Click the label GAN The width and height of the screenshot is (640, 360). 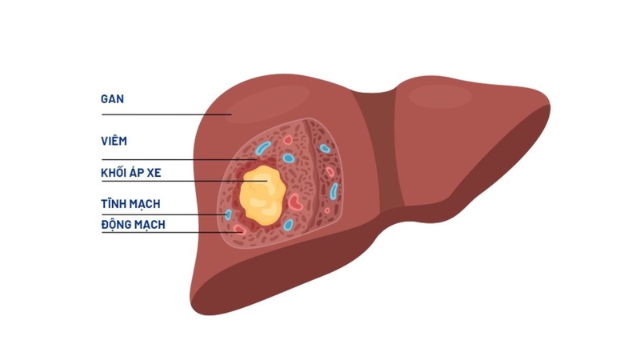point(113,100)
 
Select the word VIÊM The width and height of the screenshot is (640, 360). point(114,142)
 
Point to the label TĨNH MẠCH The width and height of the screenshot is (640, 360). point(130,205)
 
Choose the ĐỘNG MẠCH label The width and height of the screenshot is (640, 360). point(134,225)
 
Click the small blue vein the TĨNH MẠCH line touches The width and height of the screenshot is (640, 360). point(228,214)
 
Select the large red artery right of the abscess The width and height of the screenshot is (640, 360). point(296,201)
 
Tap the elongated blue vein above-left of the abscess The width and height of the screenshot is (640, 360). point(263,148)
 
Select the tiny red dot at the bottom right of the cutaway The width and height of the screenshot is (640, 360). point(326,210)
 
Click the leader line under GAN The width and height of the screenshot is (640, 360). point(160,114)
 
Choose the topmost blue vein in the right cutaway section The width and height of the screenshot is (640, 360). point(325,148)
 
